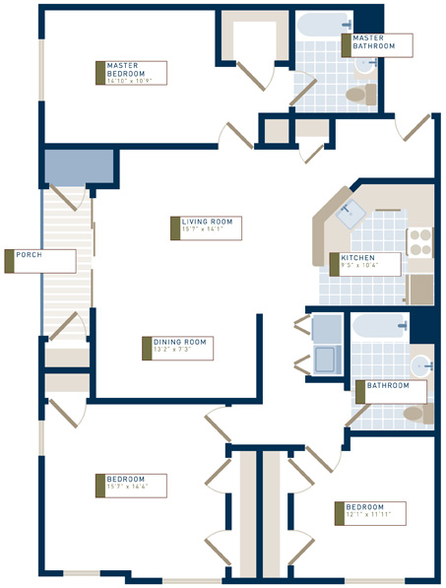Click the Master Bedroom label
(x=132, y=72)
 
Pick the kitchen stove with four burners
(x=419, y=243)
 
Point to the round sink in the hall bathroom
(x=420, y=363)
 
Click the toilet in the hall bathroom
(x=415, y=413)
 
